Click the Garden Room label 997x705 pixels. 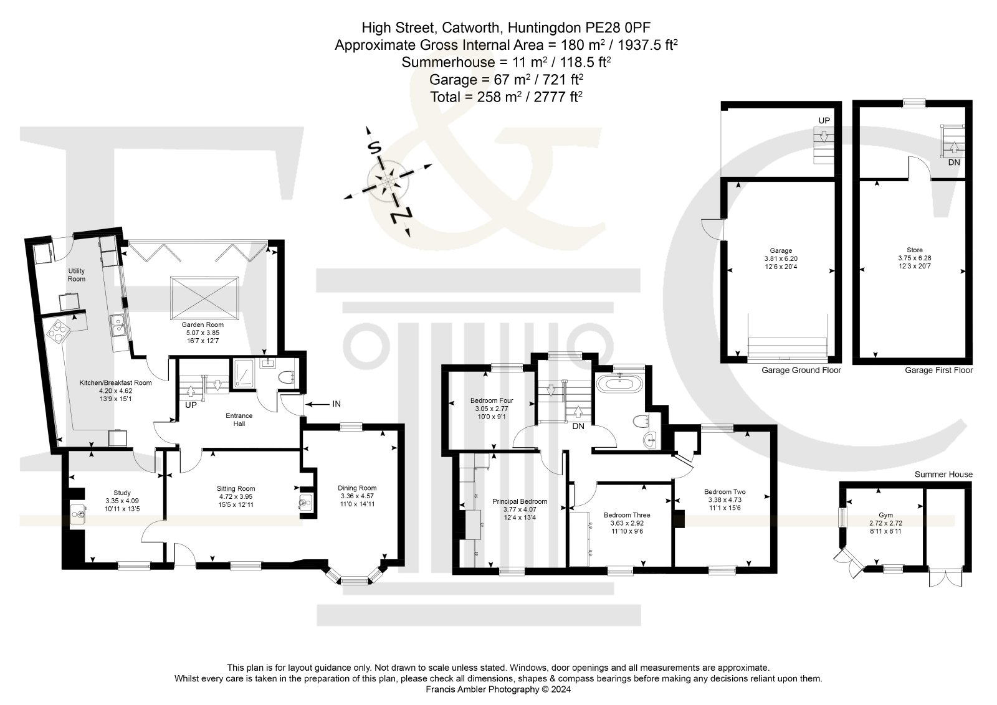click(203, 324)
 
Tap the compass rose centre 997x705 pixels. click(388, 181)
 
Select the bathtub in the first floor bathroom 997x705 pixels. click(619, 384)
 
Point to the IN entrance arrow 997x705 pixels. click(318, 404)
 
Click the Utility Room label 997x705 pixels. click(76, 275)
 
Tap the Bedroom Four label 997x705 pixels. click(492, 400)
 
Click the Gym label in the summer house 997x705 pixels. click(885, 515)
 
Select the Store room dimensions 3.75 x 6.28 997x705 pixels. click(915, 258)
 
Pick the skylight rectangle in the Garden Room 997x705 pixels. click(204, 298)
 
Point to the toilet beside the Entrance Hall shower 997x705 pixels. click(286, 377)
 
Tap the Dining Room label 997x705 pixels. click(357, 488)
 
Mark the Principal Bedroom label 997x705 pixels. click(520, 501)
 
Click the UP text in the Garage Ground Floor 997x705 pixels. click(824, 121)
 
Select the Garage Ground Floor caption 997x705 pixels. click(801, 370)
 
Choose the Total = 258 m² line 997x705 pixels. click(506, 97)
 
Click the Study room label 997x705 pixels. click(122, 493)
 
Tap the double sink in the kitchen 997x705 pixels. click(118, 324)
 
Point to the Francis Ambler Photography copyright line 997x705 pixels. click(498, 689)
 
